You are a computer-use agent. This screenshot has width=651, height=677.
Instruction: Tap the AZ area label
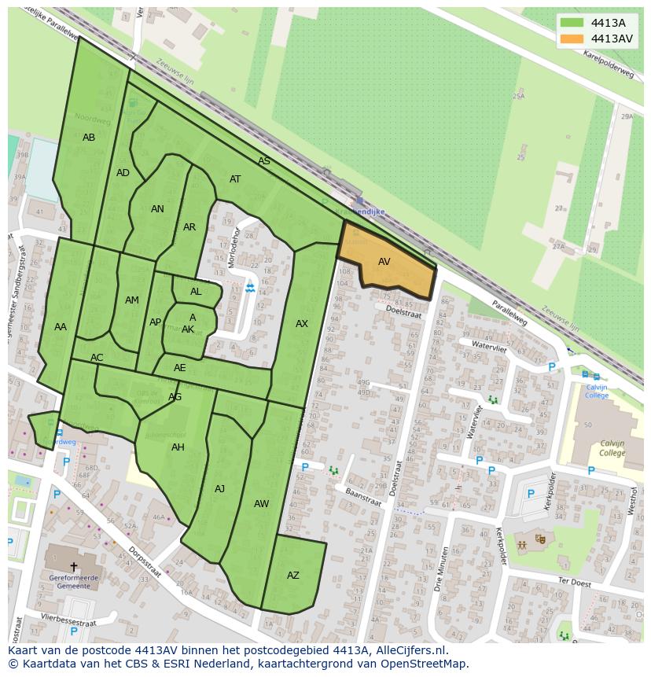[293, 576]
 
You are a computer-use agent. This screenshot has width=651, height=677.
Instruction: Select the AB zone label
[89, 138]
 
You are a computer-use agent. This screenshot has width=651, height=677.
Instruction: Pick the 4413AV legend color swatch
[572, 39]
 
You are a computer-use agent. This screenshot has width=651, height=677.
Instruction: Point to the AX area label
[302, 324]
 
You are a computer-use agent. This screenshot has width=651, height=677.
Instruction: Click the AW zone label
[262, 504]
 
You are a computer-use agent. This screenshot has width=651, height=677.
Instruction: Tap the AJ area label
[220, 489]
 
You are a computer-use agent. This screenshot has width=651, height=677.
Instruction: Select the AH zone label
[178, 447]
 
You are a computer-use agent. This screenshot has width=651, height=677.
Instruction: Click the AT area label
[235, 179]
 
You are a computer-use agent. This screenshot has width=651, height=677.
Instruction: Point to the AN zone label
[157, 209]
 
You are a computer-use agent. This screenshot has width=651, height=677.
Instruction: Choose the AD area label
[123, 173]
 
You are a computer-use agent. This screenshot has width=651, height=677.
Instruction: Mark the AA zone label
[61, 327]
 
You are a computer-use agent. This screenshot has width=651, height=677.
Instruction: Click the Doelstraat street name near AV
[403, 312]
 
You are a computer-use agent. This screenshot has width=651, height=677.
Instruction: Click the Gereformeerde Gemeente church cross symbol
[74, 566]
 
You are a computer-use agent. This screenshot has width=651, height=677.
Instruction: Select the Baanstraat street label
[363, 501]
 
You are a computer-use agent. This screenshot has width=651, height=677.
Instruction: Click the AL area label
[196, 292]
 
